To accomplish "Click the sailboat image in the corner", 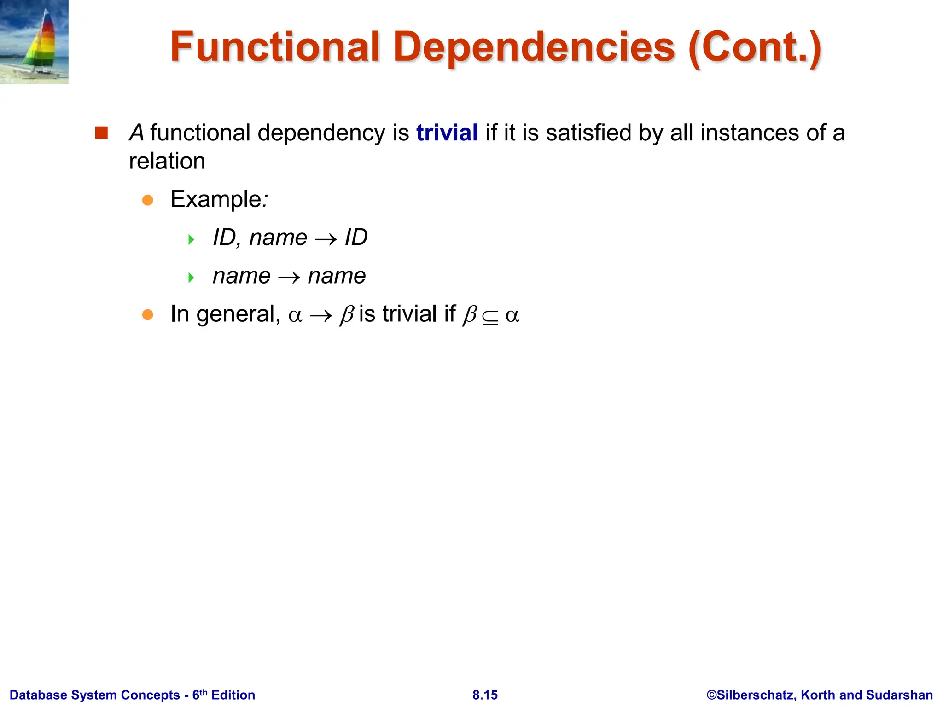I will coord(34,42).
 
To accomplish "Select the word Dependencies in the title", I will coord(534,47).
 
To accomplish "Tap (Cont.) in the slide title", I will coord(755,47).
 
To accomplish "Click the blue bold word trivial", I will coord(447,133).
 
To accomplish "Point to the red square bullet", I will coord(101,133).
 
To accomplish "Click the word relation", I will coord(167,161).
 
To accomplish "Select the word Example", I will coord(216,199).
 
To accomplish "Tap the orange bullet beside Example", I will coord(147,200).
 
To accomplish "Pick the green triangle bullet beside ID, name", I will coord(191,239).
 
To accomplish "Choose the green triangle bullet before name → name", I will coord(191,278).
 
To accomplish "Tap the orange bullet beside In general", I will coord(147,315).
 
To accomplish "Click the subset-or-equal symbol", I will coord(490,318).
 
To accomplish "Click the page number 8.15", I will coord(485,695).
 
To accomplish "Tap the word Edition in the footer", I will coord(233,695).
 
